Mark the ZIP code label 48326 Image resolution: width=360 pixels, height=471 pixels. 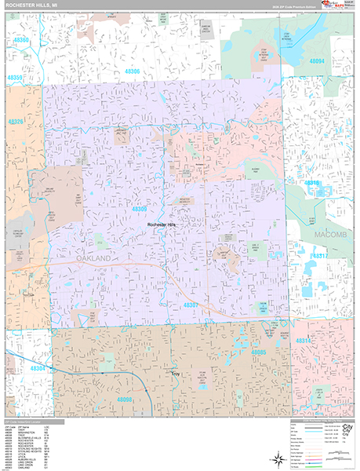coord(16,122)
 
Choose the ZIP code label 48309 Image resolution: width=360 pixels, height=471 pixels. coord(140,210)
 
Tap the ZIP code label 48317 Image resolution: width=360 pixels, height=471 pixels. coord(320,256)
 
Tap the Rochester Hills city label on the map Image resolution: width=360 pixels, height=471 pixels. coord(164,225)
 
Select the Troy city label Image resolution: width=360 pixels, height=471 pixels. coord(176,374)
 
